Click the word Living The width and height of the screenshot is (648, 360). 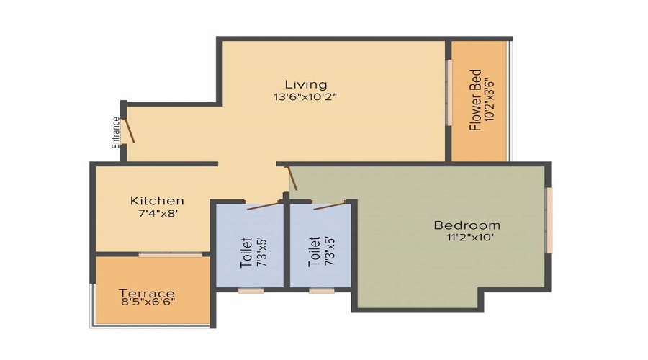305,84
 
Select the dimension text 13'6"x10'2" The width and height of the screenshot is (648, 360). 305,96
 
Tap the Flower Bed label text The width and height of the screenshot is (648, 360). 475,99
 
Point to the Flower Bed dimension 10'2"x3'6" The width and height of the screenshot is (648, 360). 490,99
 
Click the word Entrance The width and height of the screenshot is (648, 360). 116,132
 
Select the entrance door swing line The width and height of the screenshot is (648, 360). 130,131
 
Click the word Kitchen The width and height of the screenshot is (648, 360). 157,200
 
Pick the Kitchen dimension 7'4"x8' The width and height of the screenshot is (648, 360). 157,213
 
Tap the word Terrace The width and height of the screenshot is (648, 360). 147,293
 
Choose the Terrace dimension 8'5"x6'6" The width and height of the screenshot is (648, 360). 147,303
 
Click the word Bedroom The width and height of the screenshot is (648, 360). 467,225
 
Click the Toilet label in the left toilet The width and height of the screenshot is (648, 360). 246,252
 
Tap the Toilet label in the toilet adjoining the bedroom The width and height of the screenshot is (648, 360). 314,252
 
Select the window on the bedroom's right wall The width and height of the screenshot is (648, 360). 549,220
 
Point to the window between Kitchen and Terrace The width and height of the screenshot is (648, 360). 171,254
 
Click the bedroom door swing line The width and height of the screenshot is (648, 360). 292,178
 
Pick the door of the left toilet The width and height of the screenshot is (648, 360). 263,206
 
